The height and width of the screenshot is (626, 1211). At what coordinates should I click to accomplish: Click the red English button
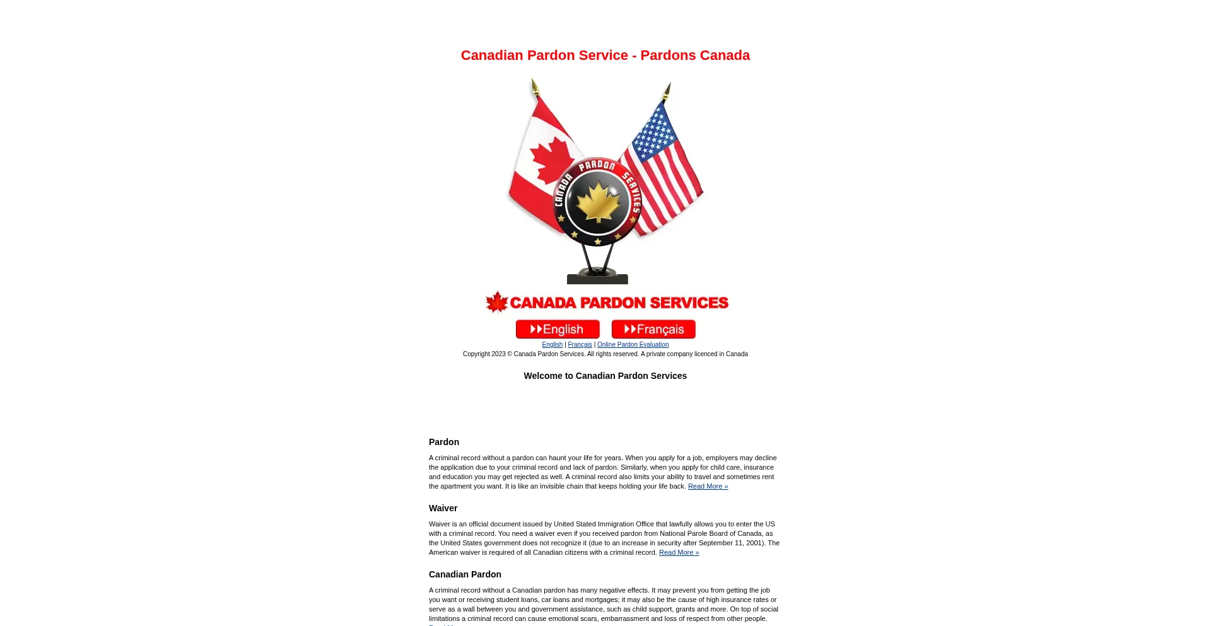558,329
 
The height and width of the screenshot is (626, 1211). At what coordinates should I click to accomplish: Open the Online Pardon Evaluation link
633,345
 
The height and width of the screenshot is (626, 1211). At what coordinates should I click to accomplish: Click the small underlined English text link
552,345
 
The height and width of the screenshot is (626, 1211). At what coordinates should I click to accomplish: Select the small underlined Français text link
580,345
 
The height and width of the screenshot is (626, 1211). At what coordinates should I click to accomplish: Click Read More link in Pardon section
708,487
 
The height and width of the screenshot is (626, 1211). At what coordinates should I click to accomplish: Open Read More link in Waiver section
679,553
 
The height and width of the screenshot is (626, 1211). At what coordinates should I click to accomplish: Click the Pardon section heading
444,443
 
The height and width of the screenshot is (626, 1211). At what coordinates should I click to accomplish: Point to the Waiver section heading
443,509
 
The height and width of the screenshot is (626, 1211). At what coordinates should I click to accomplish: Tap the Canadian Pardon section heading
465,575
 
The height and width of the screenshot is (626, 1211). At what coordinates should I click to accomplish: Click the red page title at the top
605,55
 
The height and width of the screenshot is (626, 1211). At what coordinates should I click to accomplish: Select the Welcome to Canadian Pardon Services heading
605,376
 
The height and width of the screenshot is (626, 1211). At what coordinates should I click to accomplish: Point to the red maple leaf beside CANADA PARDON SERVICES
496,302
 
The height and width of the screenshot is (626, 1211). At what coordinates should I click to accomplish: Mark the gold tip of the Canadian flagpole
534,86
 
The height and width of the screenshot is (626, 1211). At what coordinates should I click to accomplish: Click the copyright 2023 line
605,354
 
